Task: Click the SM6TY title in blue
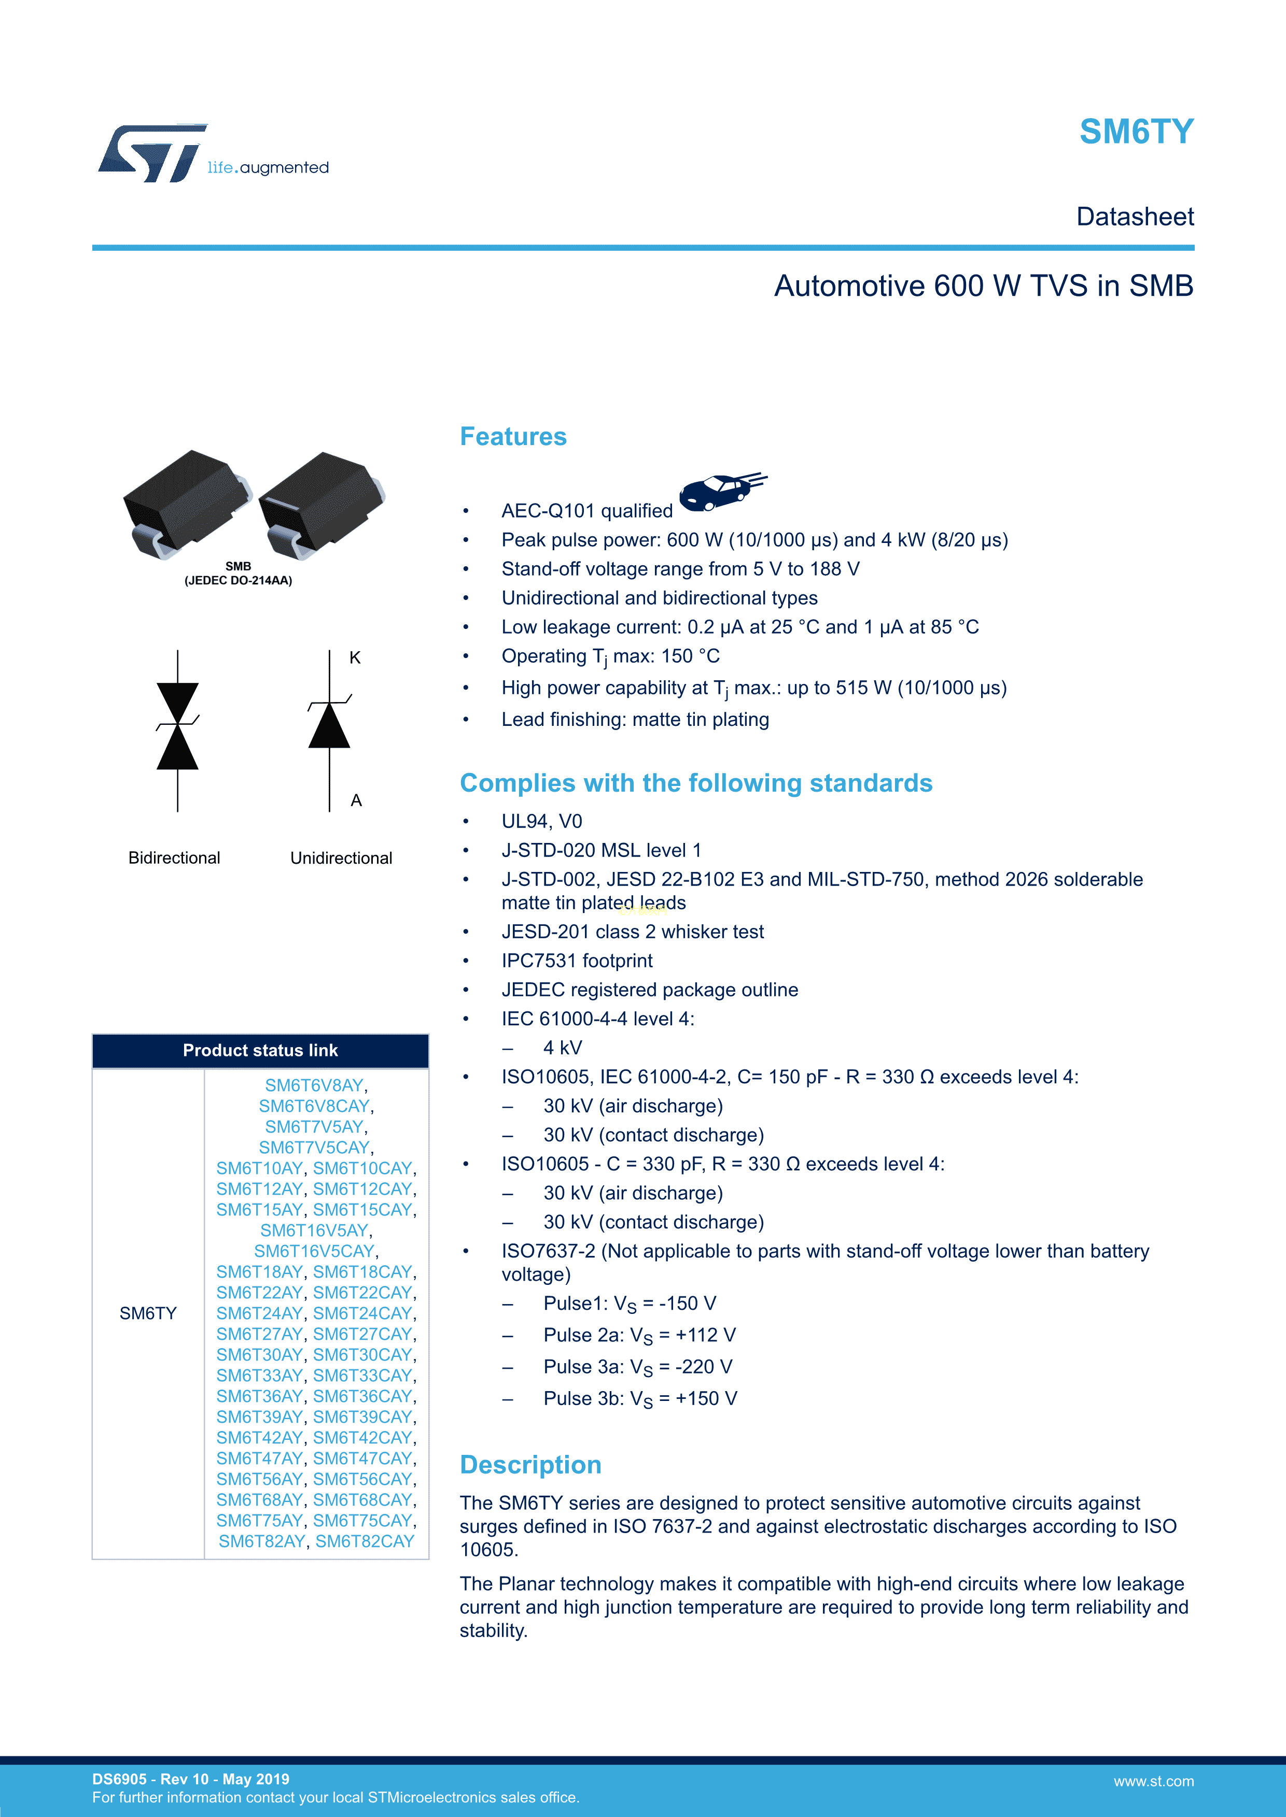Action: (1136, 132)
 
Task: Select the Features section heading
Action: (513, 437)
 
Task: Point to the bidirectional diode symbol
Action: (177, 726)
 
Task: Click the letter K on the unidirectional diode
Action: (355, 657)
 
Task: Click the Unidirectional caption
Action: (341, 859)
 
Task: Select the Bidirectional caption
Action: (174, 859)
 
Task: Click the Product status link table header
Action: (260, 1051)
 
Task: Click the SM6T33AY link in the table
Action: (259, 1376)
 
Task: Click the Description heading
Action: (530, 1465)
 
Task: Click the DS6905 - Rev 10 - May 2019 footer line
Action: (191, 1779)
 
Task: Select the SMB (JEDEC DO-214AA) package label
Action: (239, 574)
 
